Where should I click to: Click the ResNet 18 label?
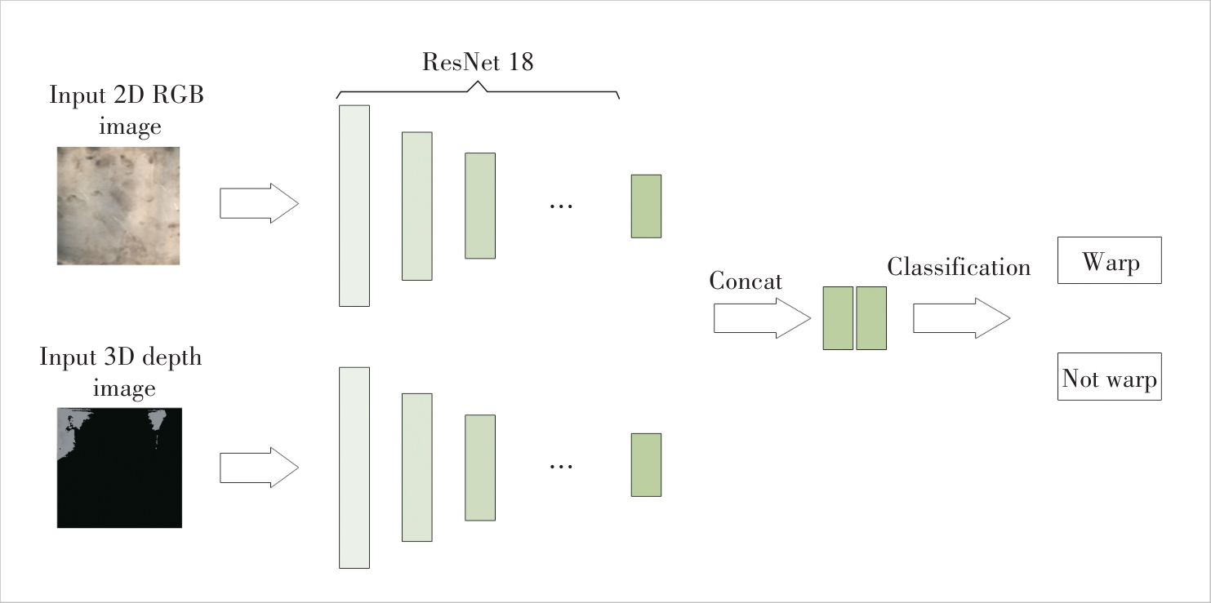[478, 62]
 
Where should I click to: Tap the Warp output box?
[1109, 260]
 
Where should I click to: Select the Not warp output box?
[1109, 377]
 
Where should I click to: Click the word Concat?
[746, 282]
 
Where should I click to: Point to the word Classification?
[959, 267]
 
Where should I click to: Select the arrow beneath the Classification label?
[961, 318]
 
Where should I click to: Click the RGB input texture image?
[118, 206]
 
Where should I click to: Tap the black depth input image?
[119, 468]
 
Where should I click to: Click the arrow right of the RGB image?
[259, 203]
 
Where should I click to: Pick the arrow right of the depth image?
[259, 468]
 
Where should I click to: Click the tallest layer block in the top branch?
[354, 206]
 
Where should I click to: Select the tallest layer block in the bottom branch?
[354, 468]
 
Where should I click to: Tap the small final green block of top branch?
[646, 206]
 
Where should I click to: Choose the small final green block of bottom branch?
[646, 464]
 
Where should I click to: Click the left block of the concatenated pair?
[838, 318]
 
